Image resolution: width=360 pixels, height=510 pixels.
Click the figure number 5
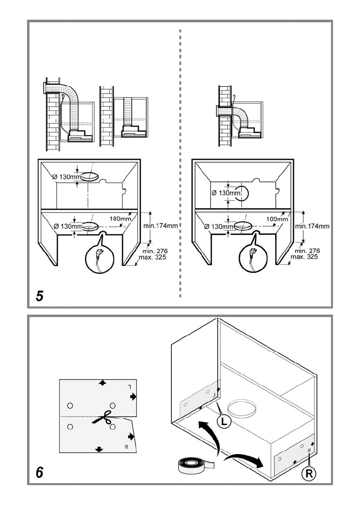(39, 297)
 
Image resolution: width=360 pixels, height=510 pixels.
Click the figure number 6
(39, 472)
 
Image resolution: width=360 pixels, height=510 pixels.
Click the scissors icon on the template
(102, 417)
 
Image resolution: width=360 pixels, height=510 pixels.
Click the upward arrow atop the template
(102, 382)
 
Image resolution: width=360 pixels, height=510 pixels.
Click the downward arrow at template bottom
(99, 449)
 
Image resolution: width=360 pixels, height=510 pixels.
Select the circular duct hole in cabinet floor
(242, 409)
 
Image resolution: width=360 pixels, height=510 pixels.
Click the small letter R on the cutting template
(126, 446)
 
